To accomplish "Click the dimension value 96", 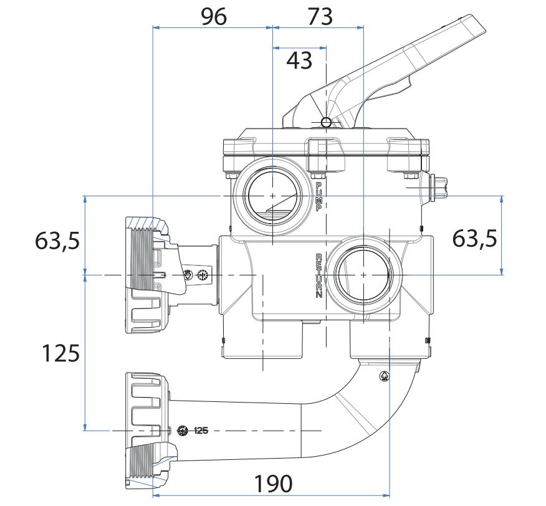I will point(213,16).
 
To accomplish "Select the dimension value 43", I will point(299,61).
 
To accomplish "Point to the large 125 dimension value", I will point(60,353).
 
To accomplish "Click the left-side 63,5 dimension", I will point(57,239).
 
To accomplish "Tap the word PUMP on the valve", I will point(318,197).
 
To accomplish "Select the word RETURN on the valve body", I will point(318,276).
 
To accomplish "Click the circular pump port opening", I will point(273,195).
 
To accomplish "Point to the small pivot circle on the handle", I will point(326,122).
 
